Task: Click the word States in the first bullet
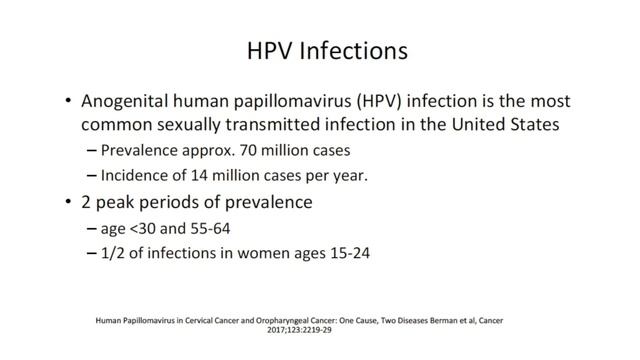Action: pyautogui.click(x=504, y=128)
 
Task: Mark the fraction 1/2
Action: pyautogui.click(x=115, y=254)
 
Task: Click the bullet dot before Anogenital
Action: pyautogui.click(x=67, y=103)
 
